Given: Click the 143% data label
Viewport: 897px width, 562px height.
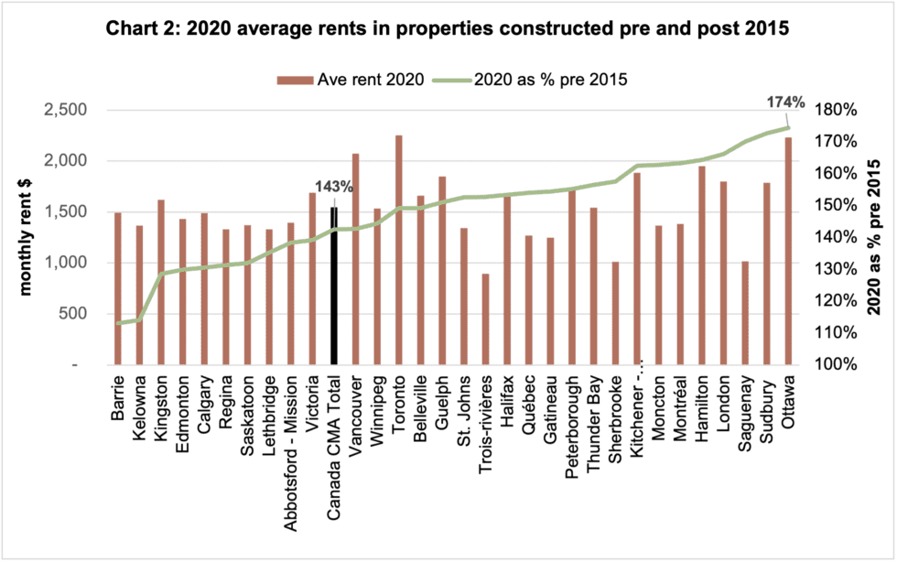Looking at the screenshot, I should coord(333,187).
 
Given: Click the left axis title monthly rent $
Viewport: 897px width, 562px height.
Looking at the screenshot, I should coord(26,236).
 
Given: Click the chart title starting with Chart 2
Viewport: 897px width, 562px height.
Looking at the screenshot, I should coord(448,28).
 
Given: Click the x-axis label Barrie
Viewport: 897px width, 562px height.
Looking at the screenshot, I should coord(118,398).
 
